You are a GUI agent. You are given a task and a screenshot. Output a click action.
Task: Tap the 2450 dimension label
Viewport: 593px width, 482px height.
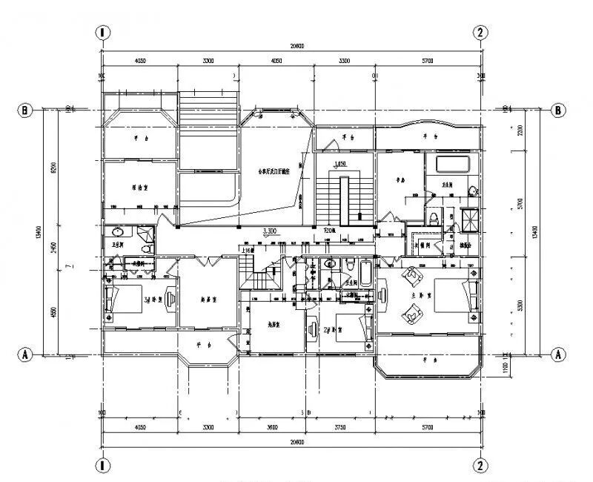pos(53,242)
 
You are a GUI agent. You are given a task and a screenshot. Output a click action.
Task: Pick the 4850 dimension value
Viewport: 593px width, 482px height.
pos(53,304)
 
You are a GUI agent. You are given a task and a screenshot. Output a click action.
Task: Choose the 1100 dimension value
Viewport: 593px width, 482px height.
pos(520,365)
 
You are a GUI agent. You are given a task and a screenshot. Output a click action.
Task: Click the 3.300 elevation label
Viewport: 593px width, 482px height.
pos(270,232)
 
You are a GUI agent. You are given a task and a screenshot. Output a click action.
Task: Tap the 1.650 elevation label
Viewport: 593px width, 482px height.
pos(341,164)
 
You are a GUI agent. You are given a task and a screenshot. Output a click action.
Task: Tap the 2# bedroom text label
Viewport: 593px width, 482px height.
pos(328,329)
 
